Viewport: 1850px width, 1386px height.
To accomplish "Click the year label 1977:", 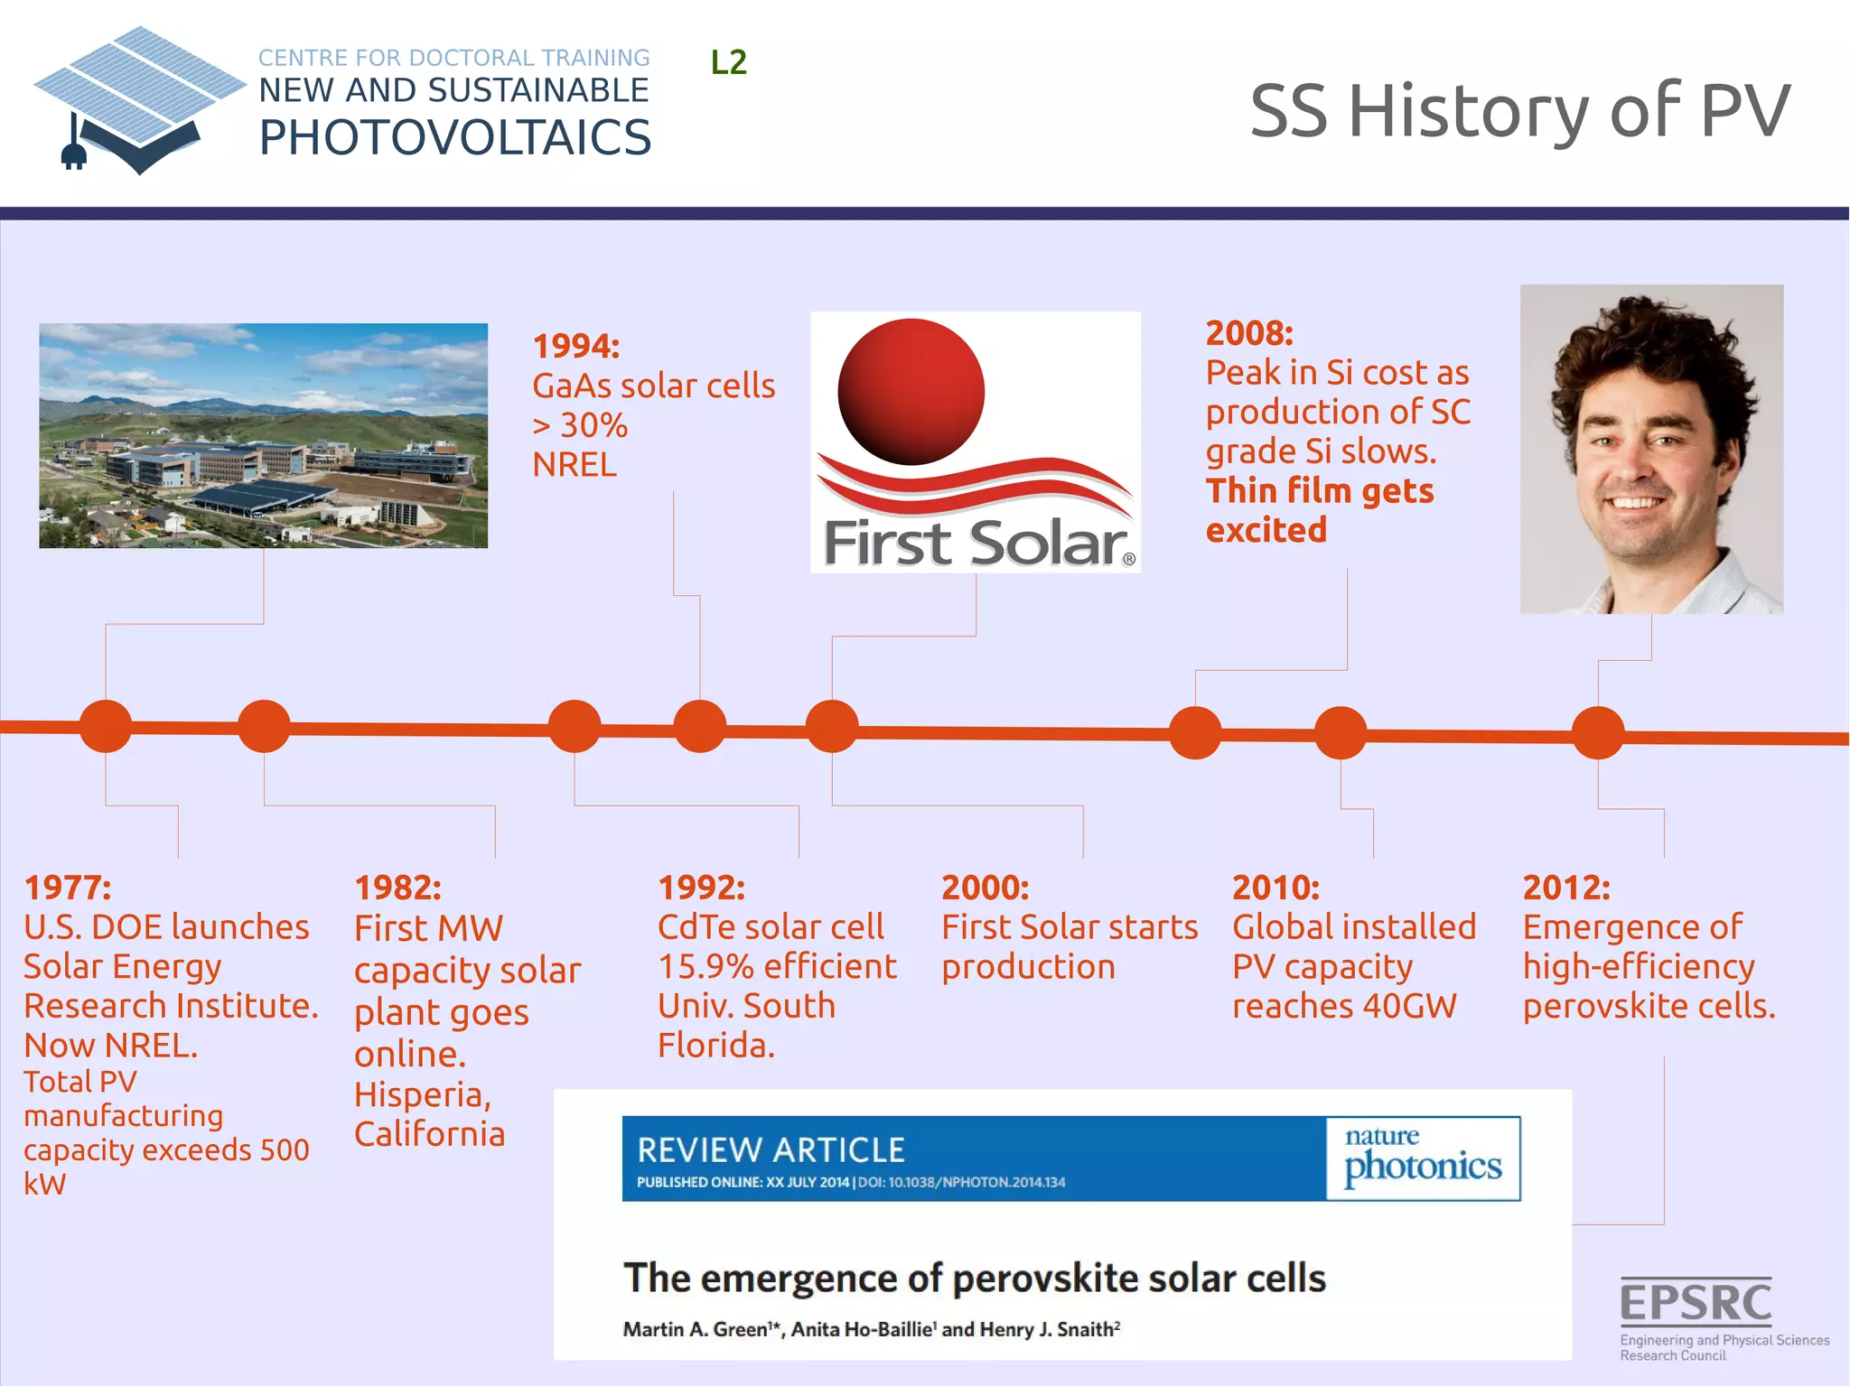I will click(x=68, y=888).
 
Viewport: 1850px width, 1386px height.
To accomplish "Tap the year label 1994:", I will click(x=576, y=347).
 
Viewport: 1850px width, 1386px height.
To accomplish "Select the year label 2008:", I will click(x=1249, y=333).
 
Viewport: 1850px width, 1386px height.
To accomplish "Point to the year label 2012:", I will click(x=1566, y=888).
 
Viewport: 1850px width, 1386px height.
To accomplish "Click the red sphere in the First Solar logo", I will click(x=911, y=392).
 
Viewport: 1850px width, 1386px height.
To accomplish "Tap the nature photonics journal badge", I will click(x=1423, y=1158).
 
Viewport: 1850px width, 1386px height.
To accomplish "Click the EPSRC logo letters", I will click(x=1696, y=1302).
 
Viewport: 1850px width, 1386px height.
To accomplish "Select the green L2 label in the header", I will click(x=728, y=62).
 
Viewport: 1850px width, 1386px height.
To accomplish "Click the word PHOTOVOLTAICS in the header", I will click(x=454, y=138).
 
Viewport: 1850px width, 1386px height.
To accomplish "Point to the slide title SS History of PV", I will click(x=1519, y=111).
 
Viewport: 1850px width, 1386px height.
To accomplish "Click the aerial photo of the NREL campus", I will click(x=263, y=435).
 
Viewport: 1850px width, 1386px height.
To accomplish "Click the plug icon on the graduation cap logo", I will click(x=73, y=155).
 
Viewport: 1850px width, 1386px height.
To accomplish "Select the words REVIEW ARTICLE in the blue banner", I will click(x=771, y=1149).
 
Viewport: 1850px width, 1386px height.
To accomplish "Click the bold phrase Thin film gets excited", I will click(x=1319, y=510).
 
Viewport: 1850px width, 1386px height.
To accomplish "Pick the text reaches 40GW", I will click(x=1344, y=1006).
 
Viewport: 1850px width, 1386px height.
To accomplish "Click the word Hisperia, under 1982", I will click(x=422, y=1094).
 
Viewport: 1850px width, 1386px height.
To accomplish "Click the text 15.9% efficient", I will click(x=777, y=966).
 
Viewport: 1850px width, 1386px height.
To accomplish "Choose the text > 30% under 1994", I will click(x=580, y=425).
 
